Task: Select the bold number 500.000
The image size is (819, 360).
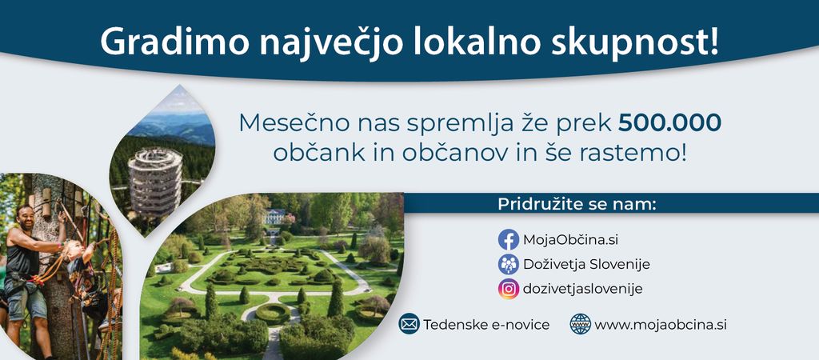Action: pyautogui.click(x=670, y=122)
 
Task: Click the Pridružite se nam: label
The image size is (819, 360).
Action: pyautogui.click(x=576, y=204)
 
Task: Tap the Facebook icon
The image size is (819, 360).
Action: pyautogui.click(x=508, y=240)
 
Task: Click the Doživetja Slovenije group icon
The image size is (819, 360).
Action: pyautogui.click(x=508, y=264)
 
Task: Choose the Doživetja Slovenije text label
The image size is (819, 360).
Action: pyautogui.click(x=586, y=264)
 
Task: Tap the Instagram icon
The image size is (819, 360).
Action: pyautogui.click(x=508, y=289)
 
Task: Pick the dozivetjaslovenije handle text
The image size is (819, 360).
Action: pyautogui.click(x=583, y=289)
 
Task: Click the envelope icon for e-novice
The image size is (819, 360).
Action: pyautogui.click(x=409, y=324)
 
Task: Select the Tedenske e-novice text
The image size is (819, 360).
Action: pyautogui.click(x=486, y=325)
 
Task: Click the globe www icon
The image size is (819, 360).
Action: pyautogui.click(x=581, y=324)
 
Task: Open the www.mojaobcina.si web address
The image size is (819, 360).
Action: pyautogui.click(x=661, y=325)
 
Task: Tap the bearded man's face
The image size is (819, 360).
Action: pyautogui.click(x=25, y=216)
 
